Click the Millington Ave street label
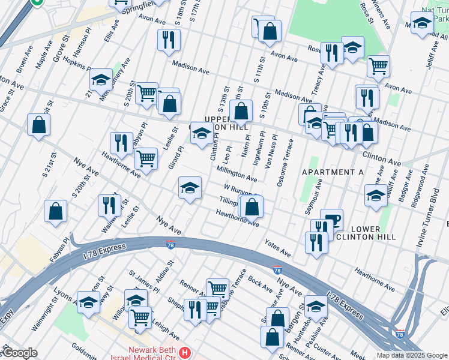(x=237, y=175)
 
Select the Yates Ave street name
(x=278, y=248)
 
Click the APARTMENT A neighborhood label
(x=333, y=172)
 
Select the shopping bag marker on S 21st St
(x=39, y=125)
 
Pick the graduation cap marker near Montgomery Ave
(x=101, y=80)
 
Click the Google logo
(x=20, y=353)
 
